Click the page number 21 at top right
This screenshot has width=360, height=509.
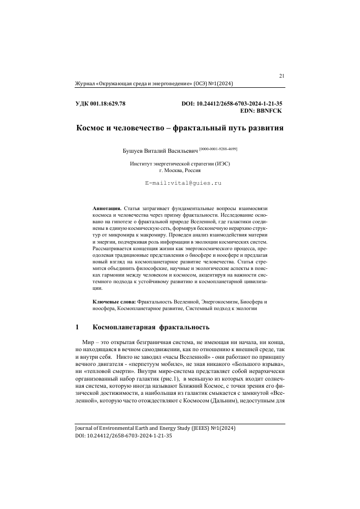[x=282, y=76]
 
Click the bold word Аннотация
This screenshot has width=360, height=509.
[x=107, y=209]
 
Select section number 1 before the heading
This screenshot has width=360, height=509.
[x=77, y=327]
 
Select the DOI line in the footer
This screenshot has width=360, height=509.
[x=123, y=436]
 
